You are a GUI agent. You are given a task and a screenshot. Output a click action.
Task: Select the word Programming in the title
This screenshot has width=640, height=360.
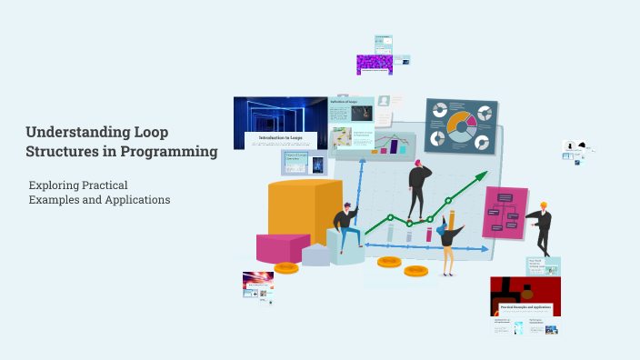pos(172,152)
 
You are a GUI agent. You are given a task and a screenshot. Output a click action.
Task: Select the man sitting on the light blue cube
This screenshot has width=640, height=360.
pos(345,226)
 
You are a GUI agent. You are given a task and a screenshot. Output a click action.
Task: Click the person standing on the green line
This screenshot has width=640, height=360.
pos(418,189)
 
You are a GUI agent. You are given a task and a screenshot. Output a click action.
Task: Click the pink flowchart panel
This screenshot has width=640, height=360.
pos(505,213)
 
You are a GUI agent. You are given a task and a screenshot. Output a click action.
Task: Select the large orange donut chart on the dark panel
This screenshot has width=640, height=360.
pos(464,125)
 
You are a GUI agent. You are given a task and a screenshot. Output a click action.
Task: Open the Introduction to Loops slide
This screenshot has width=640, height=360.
pos(280,123)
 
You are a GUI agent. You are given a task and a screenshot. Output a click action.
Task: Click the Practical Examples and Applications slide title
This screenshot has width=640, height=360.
pos(525,309)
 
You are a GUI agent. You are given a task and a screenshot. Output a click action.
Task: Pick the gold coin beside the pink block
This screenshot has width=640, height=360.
pos(286,267)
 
